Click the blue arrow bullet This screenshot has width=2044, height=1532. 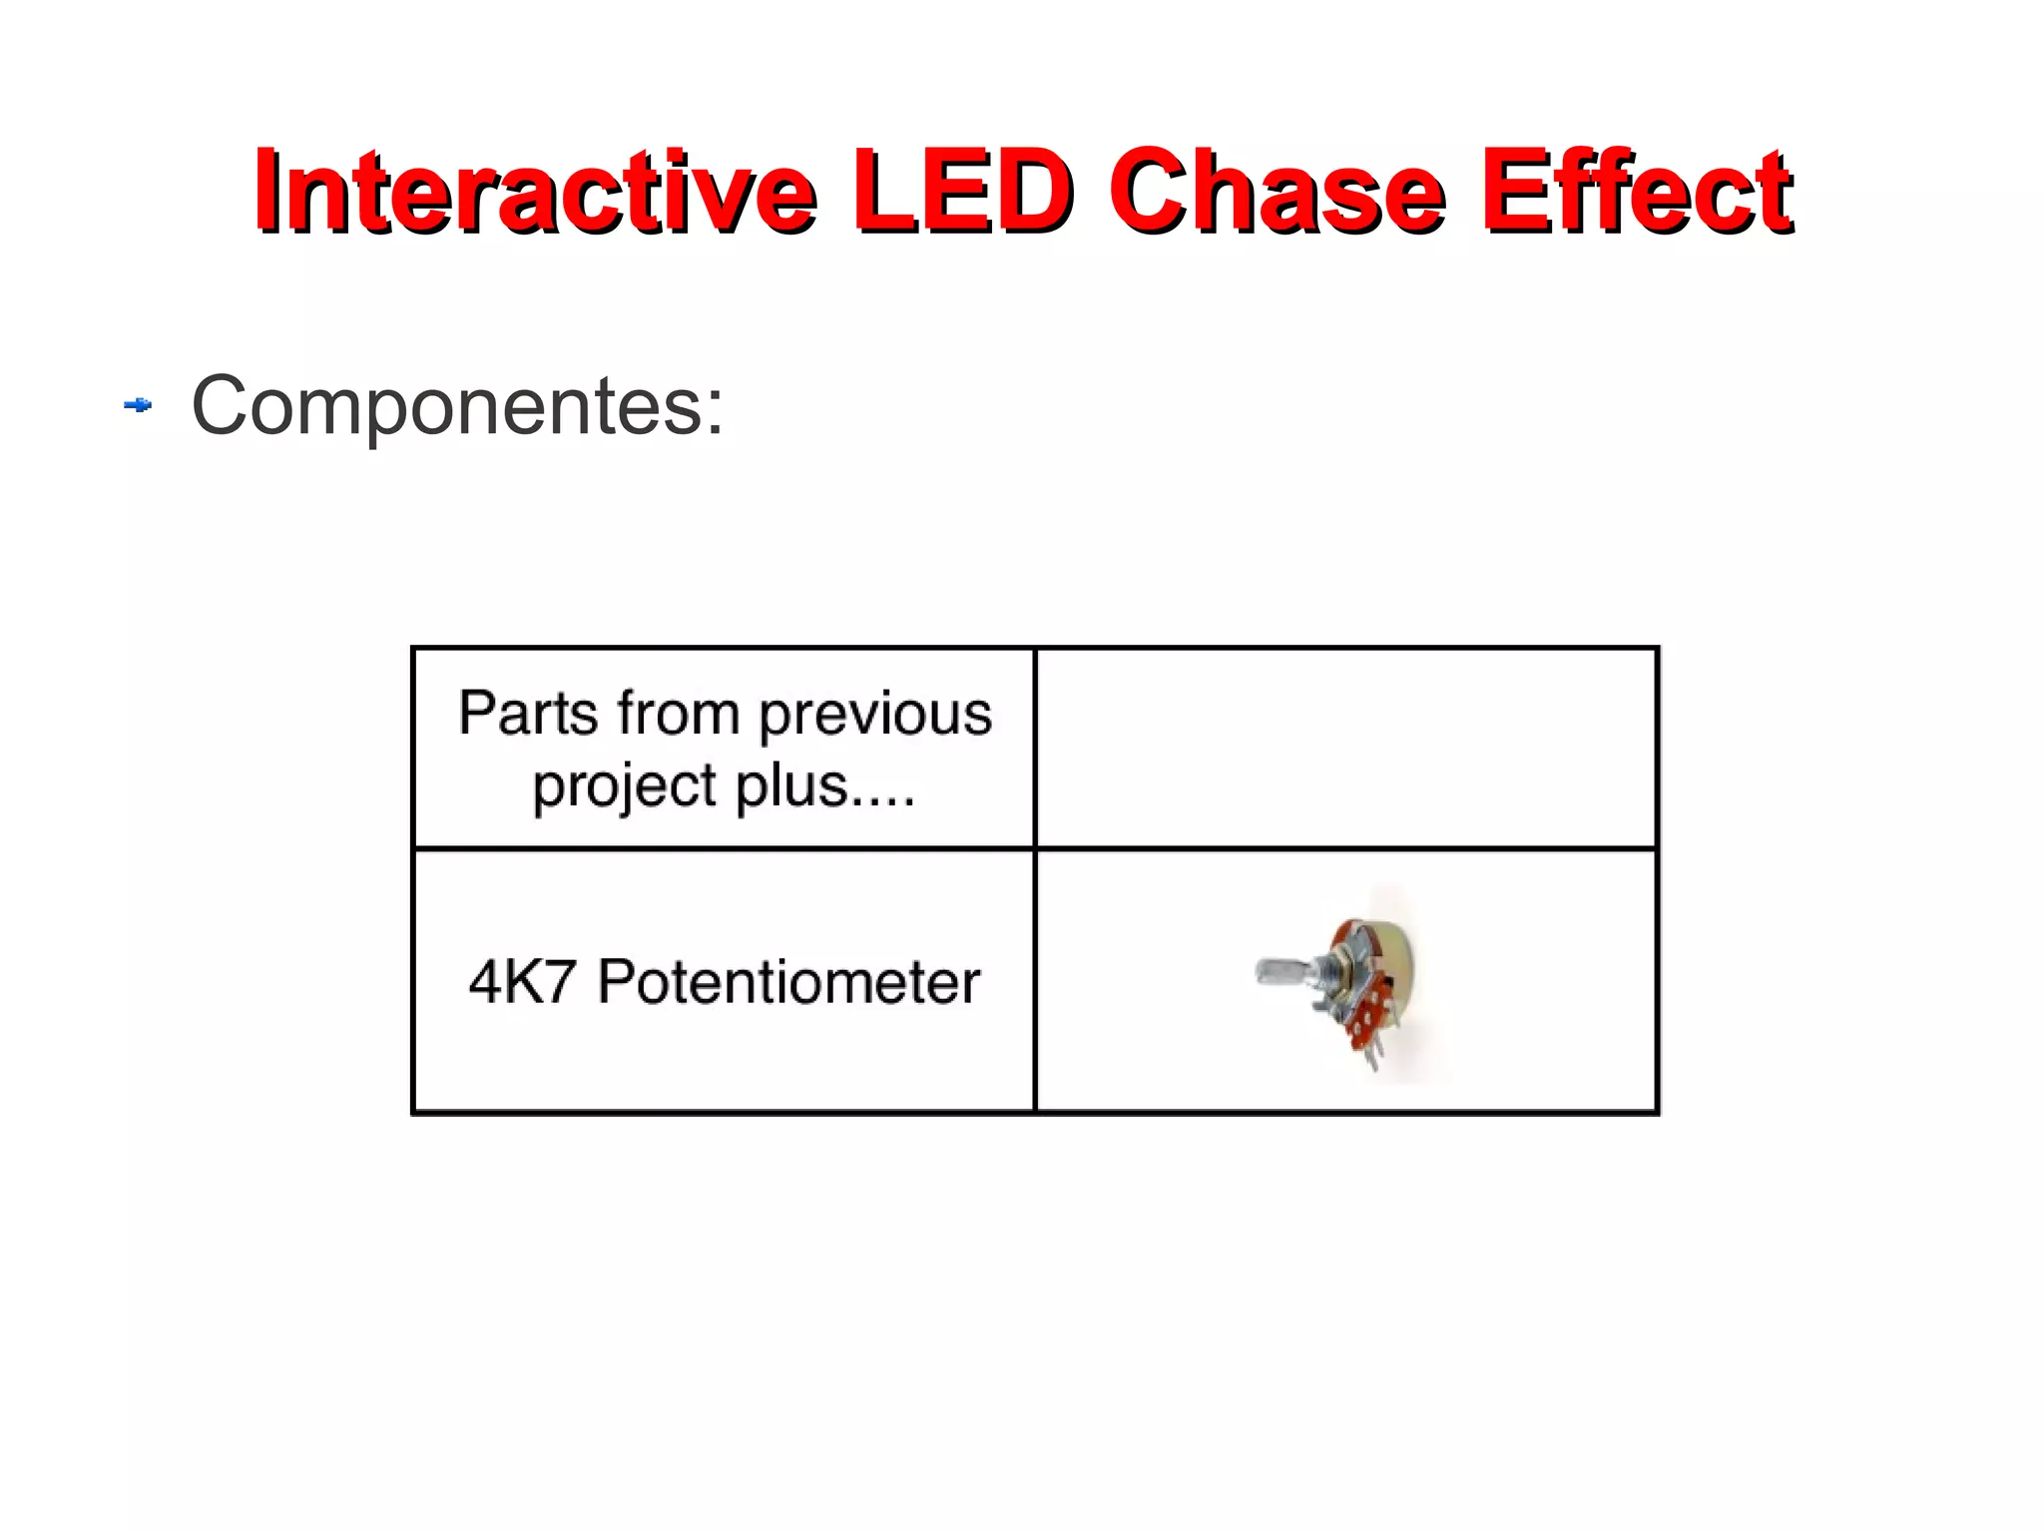click(138, 405)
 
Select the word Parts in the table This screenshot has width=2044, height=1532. click(528, 714)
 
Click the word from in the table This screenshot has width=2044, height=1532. click(679, 714)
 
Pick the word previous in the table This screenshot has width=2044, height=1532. click(875, 714)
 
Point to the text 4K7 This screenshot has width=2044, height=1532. click(522, 981)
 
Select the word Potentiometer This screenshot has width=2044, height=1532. click(788, 981)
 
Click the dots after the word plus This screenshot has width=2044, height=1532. click(884, 801)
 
